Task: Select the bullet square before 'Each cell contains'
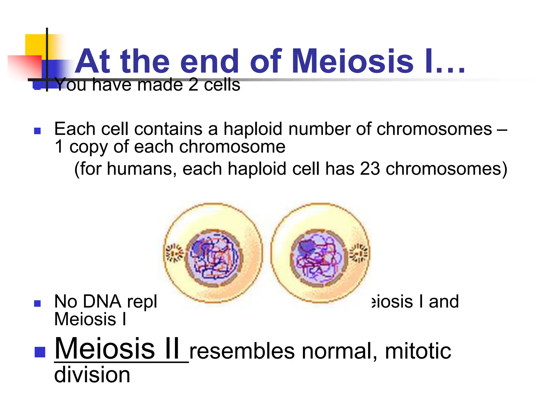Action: pyautogui.click(x=38, y=131)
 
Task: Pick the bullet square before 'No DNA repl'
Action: pyautogui.click(x=38, y=303)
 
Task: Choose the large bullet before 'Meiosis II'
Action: pyautogui.click(x=40, y=352)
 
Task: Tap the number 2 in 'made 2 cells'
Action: pyautogui.click(x=193, y=85)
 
